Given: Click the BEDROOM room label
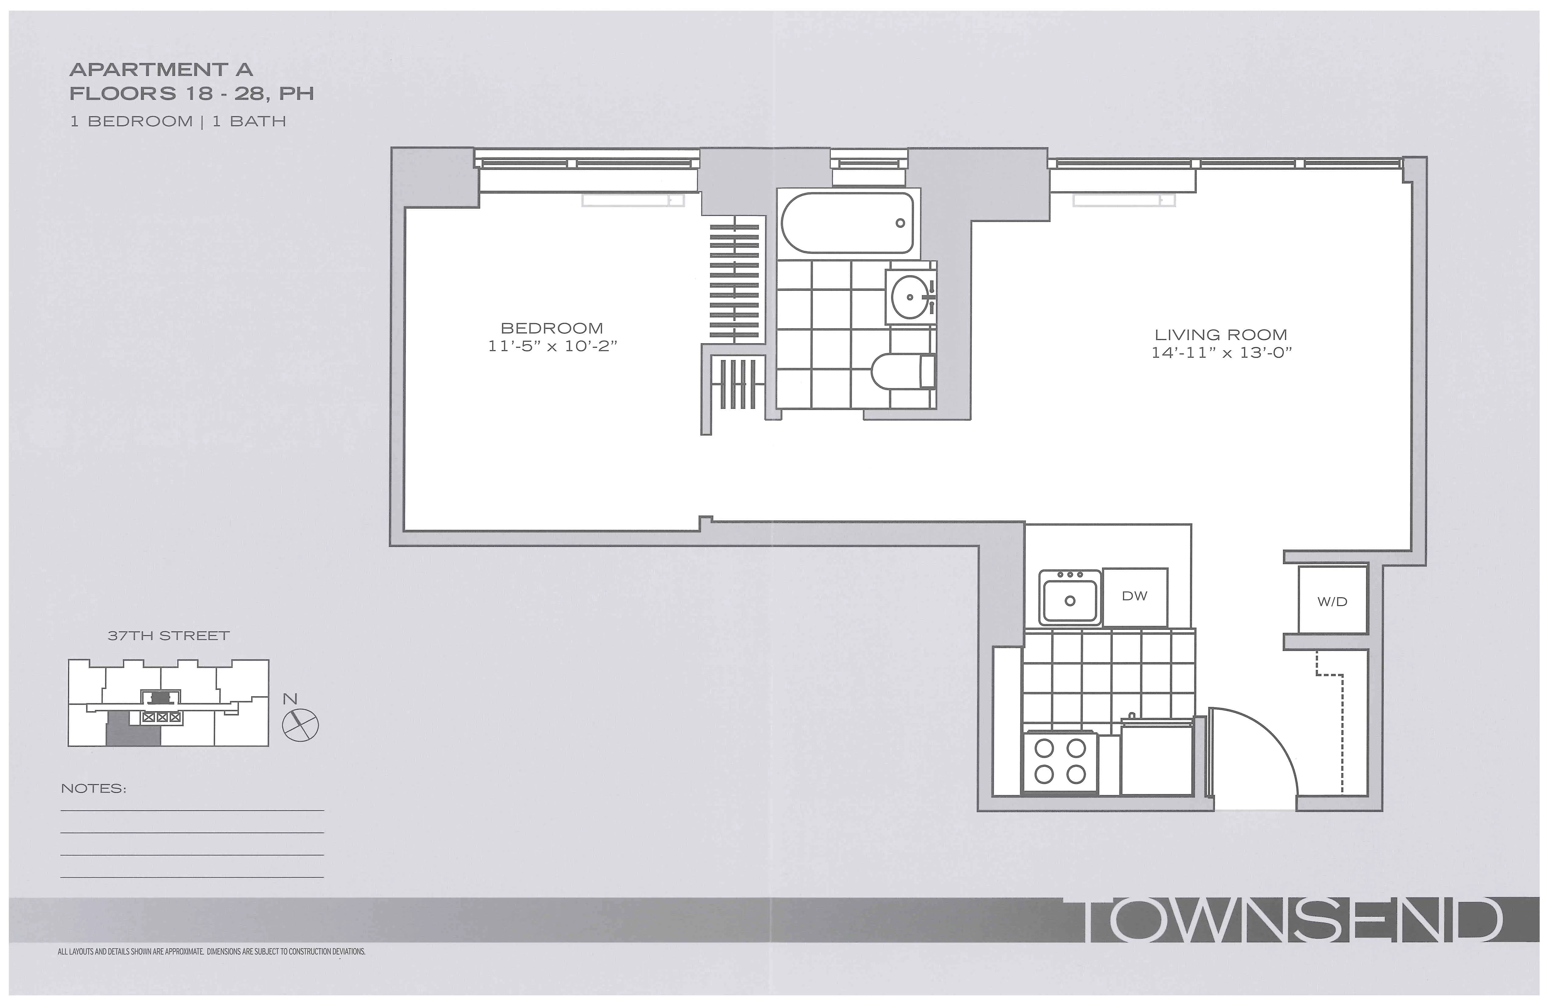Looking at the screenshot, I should (552, 328).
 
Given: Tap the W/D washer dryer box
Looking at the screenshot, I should (1332, 601).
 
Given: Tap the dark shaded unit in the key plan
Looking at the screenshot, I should (132, 730).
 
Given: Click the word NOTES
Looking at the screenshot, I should (93, 788).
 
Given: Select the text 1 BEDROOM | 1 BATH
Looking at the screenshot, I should (178, 122).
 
